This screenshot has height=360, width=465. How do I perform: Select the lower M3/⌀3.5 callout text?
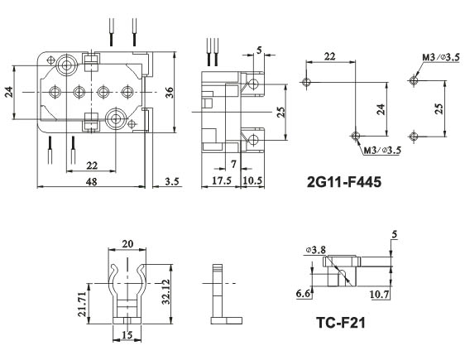pyautogui.click(x=381, y=151)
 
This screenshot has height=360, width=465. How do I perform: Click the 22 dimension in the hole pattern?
pyautogui.click(x=330, y=56)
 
